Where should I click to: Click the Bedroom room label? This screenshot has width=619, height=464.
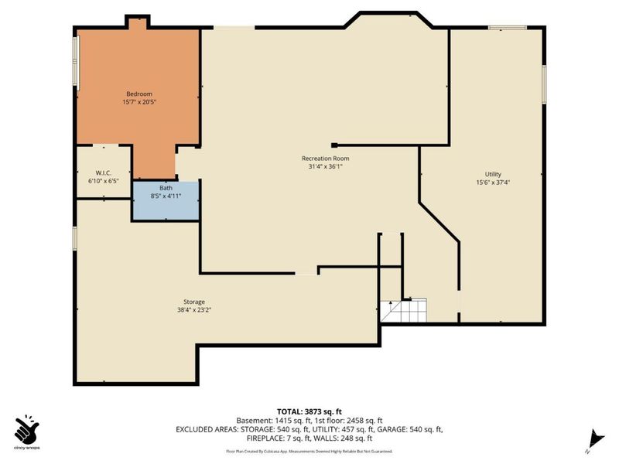[x=139, y=94]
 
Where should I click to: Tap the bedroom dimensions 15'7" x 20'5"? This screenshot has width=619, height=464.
[x=139, y=102]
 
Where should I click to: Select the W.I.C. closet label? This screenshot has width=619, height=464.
[x=104, y=172]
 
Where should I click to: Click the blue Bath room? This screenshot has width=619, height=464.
[x=166, y=200]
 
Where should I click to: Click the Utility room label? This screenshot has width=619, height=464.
[x=493, y=174]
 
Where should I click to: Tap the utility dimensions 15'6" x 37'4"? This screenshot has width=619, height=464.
[x=493, y=183]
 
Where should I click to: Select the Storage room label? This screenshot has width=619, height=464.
[x=194, y=302]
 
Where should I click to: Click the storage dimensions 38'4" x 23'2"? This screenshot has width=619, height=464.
[x=194, y=310]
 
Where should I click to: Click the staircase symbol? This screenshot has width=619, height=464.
[x=403, y=311]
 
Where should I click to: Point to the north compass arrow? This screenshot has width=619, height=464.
[x=593, y=438]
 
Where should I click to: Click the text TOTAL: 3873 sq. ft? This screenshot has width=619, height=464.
[x=309, y=411]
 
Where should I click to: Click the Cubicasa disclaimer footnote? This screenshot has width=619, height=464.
[x=309, y=451]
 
